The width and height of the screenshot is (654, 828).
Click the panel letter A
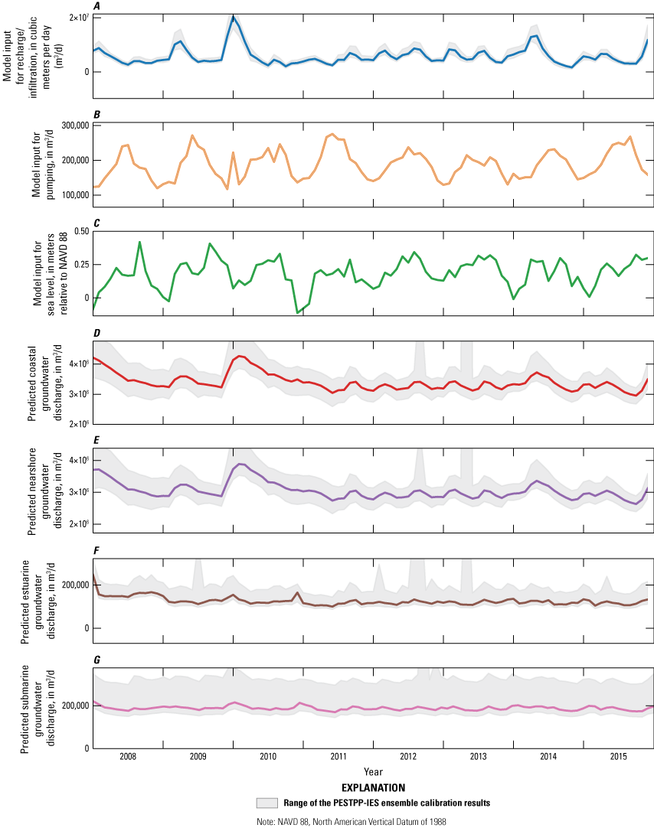click(x=96, y=6)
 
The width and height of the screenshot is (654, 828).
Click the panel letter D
click(x=96, y=333)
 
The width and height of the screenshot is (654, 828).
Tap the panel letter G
click(x=96, y=660)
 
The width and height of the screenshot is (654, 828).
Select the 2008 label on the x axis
click(x=128, y=756)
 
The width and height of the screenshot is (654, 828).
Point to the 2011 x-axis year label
click(x=338, y=756)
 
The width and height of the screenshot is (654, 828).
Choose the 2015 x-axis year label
click(x=619, y=756)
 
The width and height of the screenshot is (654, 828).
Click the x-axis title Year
click(x=373, y=771)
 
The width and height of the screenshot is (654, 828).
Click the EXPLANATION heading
click(x=374, y=788)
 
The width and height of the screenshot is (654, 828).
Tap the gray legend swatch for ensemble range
click(x=267, y=804)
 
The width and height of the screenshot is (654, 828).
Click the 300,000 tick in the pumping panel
click(x=75, y=126)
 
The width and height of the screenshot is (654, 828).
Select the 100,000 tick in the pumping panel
click(x=75, y=195)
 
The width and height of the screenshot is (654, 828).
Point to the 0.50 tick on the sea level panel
click(x=82, y=231)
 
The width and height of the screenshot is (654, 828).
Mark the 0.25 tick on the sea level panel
click(x=82, y=265)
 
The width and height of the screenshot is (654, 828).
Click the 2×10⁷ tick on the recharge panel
click(x=79, y=18)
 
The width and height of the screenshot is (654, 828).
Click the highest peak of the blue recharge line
click(x=234, y=16)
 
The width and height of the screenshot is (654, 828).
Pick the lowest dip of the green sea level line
click(x=297, y=313)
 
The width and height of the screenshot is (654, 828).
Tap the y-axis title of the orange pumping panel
click(x=44, y=165)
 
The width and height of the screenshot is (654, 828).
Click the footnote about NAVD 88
click(x=352, y=822)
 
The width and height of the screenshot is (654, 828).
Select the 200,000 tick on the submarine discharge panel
click(x=75, y=706)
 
